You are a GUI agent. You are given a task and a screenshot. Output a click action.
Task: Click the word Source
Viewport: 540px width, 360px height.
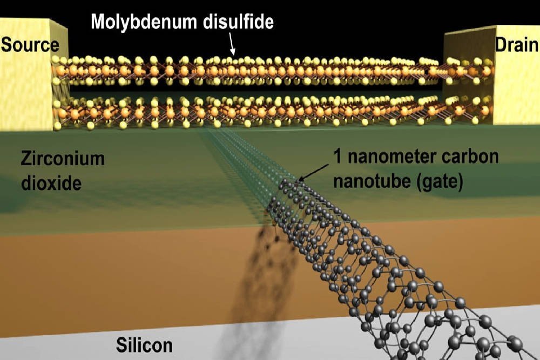(30, 44)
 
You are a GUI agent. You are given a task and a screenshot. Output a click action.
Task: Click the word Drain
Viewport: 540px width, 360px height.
(516, 44)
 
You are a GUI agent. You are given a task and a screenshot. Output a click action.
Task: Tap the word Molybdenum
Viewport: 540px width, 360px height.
(143, 22)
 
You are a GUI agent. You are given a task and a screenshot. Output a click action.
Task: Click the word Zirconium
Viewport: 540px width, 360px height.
(62, 160)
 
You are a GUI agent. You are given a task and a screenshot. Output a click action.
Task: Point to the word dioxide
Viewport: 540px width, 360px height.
(51, 184)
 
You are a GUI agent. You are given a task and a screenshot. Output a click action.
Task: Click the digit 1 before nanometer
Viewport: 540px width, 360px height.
(339, 157)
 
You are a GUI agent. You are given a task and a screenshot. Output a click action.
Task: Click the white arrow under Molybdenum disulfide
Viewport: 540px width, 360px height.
(231, 43)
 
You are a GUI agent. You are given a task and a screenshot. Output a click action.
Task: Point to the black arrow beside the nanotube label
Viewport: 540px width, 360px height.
(308, 174)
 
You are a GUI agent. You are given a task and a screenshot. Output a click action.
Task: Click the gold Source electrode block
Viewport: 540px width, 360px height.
(24, 92)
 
